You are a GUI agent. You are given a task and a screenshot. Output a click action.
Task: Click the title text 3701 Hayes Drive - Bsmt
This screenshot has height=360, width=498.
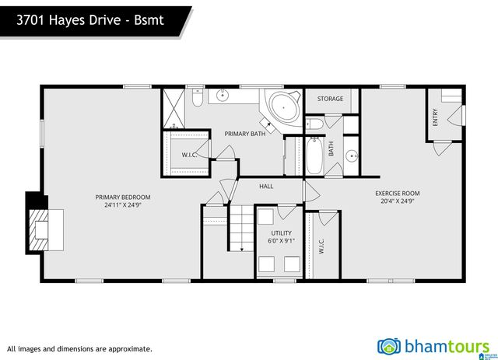(x=89, y=22)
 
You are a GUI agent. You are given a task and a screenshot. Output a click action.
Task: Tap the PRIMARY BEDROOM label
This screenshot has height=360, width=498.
(x=123, y=197)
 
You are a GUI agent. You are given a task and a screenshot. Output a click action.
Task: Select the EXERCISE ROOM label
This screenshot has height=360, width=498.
(x=397, y=193)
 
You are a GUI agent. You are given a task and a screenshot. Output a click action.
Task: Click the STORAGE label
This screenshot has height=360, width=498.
(x=330, y=99)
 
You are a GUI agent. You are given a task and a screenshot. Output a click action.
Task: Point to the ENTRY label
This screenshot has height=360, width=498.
(x=435, y=117)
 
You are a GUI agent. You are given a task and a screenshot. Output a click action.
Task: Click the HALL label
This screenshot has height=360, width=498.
(x=266, y=186)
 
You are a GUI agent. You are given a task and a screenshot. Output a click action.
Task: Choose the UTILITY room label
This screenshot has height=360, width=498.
(x=281, y=232)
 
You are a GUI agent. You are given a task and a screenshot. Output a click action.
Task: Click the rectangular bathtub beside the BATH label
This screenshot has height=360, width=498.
(x=315, y=156)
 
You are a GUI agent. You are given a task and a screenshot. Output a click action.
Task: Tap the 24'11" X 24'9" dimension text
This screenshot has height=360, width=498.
(x=123, y=205)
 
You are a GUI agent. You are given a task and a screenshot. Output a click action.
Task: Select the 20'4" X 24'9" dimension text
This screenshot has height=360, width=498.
(x=397, y=201)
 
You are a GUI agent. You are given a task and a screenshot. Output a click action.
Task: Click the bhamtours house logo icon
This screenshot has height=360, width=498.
(x=389, y=346)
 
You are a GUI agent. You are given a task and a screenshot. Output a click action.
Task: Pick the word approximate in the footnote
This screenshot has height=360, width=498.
(x=130, y=349)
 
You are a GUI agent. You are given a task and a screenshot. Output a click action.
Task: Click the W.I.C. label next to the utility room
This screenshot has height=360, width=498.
(x=321, y=246)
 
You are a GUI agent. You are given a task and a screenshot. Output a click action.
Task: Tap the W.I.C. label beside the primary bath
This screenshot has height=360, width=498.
(x=189, y=154)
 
